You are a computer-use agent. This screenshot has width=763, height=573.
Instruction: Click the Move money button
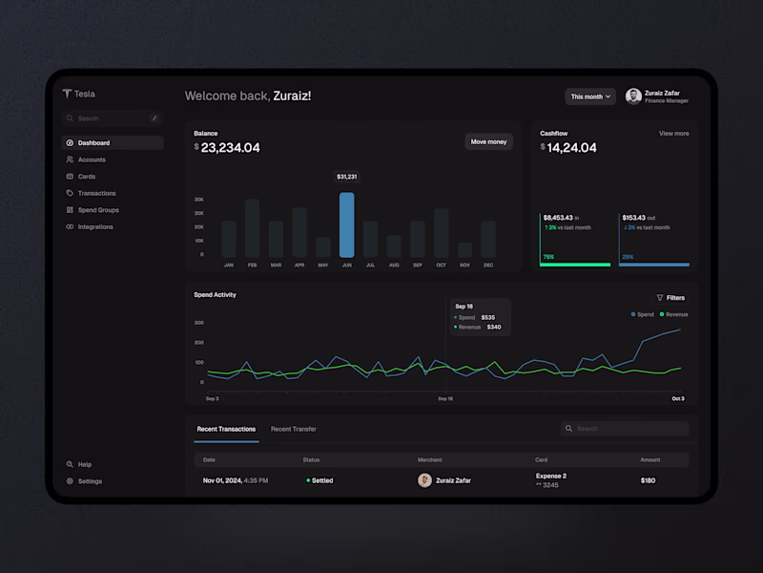[489, 141]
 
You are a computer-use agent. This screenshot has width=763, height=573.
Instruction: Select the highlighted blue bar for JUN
[346, 224]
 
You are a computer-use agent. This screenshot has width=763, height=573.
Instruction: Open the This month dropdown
[590, 96]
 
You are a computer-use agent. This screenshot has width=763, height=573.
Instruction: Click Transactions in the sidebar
[96, 193]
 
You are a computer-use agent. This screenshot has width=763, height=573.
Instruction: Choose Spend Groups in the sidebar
[97, 210]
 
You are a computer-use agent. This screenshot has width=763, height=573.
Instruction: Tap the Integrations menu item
[95, 227]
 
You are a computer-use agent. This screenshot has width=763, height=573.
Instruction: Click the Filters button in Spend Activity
[670, 298]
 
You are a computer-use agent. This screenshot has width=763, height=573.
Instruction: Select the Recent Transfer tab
[294, 429]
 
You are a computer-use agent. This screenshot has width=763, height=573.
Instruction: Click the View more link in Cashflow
[673, 134]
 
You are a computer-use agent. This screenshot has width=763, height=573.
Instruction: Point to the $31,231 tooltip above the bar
[346, 177]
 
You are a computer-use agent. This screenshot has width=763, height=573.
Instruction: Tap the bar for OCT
[441, 233]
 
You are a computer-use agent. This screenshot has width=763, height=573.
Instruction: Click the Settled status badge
[320, 480]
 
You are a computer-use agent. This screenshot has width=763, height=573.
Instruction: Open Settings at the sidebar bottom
[90, 481]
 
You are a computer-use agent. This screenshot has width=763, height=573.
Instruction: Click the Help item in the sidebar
[84, 464]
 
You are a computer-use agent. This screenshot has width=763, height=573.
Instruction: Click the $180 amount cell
[649, 480]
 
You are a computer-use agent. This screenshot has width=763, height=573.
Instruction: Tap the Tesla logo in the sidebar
[68, 94]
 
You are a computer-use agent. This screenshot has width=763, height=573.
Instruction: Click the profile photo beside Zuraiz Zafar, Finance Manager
[633, 96]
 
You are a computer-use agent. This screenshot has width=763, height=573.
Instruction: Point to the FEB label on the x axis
[252, 265]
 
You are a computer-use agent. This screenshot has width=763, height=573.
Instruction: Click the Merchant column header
[430, 460]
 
